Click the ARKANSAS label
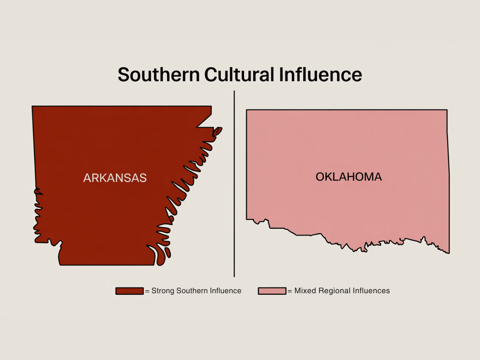[x=115, y=178]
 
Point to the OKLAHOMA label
[x=348, y=177]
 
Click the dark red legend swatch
[x=130, y=291]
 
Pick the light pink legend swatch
[x=272, y=291]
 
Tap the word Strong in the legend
[x=163, y=291]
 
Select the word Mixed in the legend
[x=304, y=291]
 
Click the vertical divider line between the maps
[x=234, y=184]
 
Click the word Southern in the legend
[x=191, y=291]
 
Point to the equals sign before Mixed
[x=290, y=291]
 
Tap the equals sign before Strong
[x=147, y=291]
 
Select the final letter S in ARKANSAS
[x=143, y=178]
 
